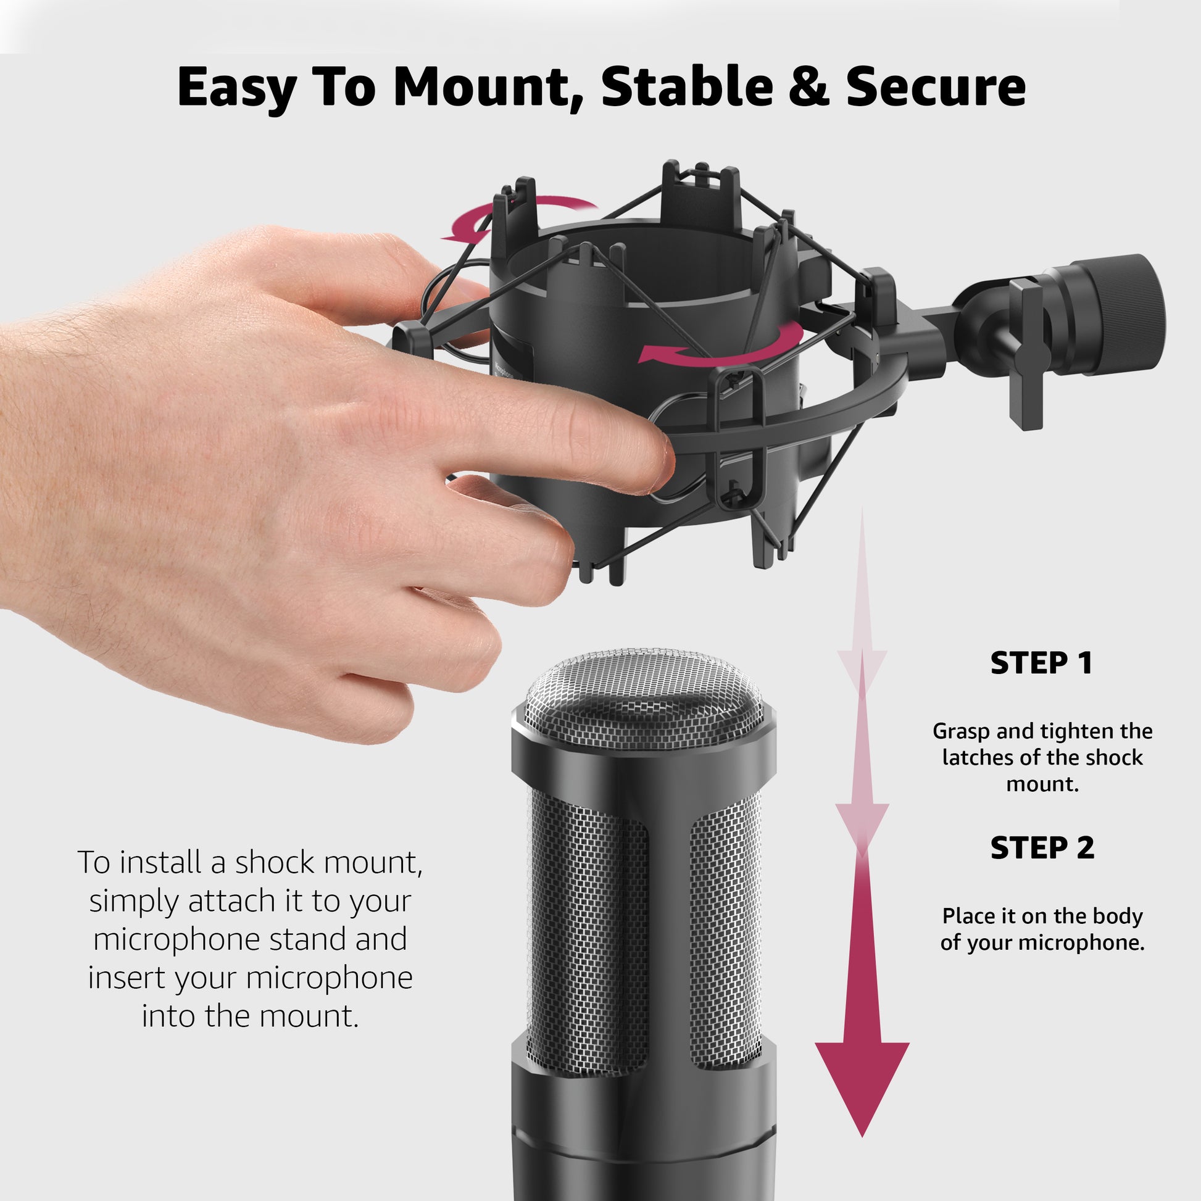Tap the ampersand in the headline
click(x=808, y=86)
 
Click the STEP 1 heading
click(x=1041, y=663)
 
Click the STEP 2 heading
click(x=1042, y=849)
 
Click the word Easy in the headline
click(x=236, y=88)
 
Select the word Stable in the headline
click(x=687, y=86)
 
